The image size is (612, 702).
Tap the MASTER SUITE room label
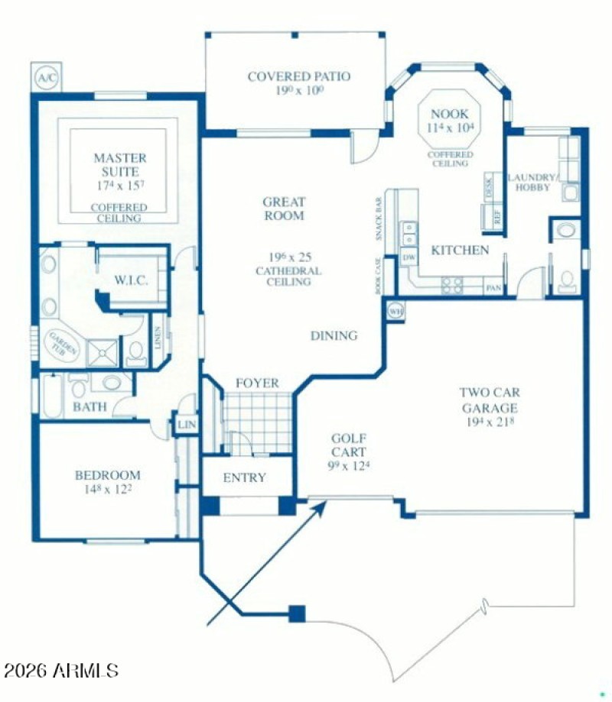(x=119, y=165)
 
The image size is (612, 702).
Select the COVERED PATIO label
(x=298, y=76)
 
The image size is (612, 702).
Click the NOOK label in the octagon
(x=449, y=114)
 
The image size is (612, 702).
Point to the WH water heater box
(x=396, y=311)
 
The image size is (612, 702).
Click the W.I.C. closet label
(x=131, y=280)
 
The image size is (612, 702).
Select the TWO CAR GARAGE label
(x=489, y=400)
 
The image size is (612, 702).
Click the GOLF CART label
(x=348, y=445)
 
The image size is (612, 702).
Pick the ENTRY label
(x=244, y=477)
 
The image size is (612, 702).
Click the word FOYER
(x=256, y=383)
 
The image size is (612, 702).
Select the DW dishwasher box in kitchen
(x=409, y=258)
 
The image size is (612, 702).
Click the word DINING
(x=334, y=335)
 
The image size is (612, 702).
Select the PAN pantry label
(x=493, y=288)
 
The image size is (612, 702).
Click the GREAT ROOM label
(x=283, y=209)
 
